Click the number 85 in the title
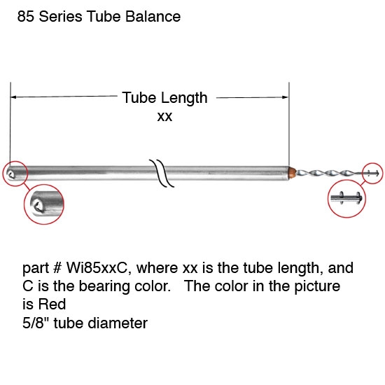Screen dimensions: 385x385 tap(26, 16)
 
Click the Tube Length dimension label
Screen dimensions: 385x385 tap(164, 98)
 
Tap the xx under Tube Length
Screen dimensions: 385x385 tap(164, 117)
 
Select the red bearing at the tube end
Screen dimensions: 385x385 tap(292, 171)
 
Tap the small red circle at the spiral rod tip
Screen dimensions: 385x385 tap(372, 173)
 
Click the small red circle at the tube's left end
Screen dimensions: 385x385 tap(14, 172)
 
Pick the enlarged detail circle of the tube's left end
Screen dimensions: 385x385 tap(44, 204)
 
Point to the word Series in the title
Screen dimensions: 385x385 tap(64, 16)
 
